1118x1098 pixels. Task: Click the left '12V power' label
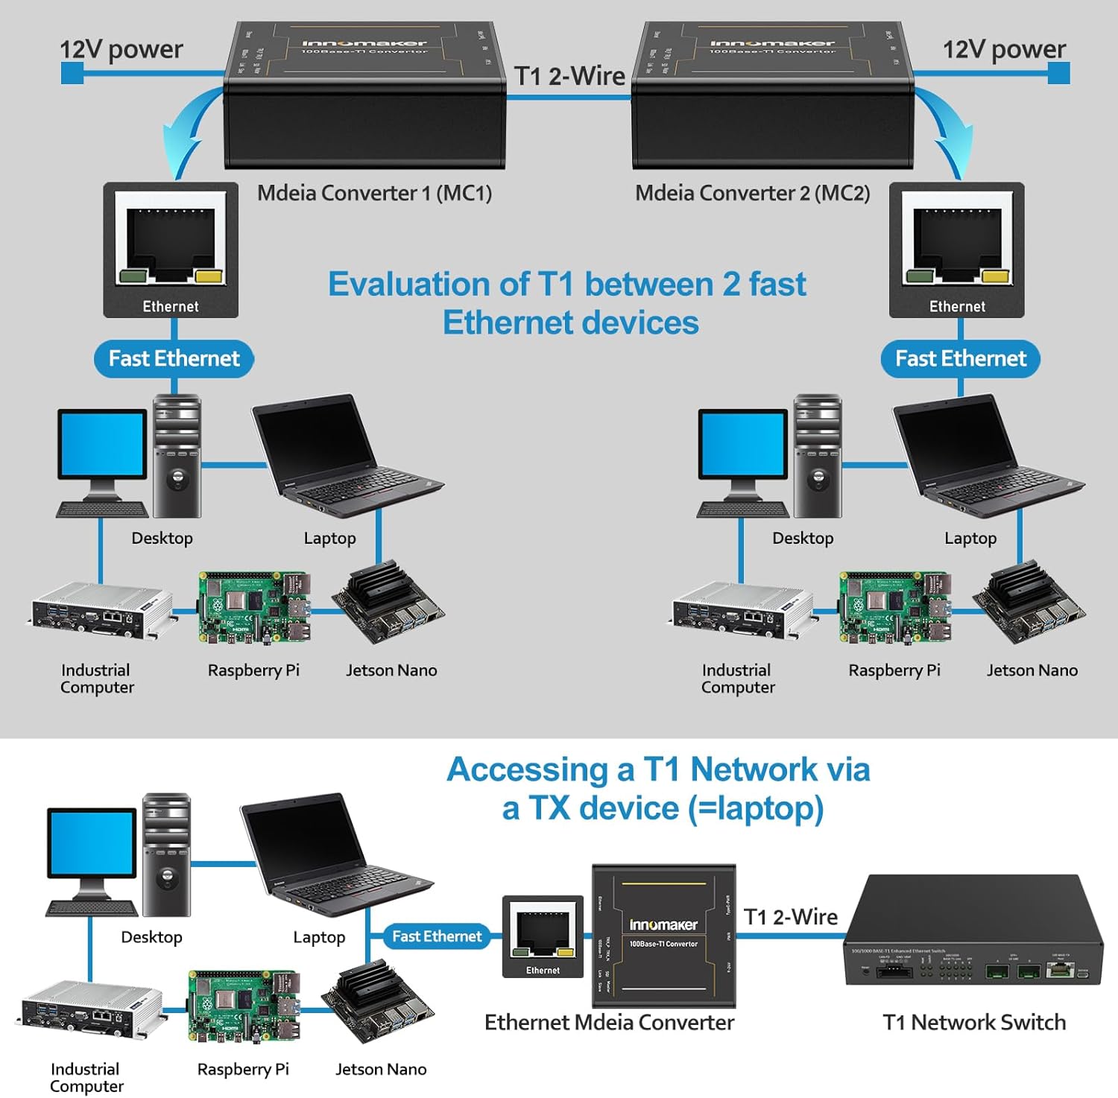point(121,49)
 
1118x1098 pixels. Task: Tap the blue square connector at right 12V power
point(1058,73)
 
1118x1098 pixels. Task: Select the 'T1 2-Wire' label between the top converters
point(569,76)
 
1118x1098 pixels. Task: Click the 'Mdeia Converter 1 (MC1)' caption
point(374,193)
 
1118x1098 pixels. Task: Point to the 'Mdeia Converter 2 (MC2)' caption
point(752,193)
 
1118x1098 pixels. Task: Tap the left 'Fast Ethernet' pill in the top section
point(174,359)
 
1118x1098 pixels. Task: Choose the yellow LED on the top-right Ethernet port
point(996,277)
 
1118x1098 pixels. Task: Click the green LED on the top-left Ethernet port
point(132,277)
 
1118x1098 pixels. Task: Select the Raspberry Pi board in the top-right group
point(894,608)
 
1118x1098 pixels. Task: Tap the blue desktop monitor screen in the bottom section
point(92,842)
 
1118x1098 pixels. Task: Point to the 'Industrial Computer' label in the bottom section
point(86,1077)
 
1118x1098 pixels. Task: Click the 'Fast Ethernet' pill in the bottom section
point(437,936)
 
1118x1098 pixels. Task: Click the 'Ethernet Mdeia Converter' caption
point(609,1022)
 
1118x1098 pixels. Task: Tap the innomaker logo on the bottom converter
point(663,924)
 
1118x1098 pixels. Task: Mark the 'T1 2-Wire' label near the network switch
point(790,917)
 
